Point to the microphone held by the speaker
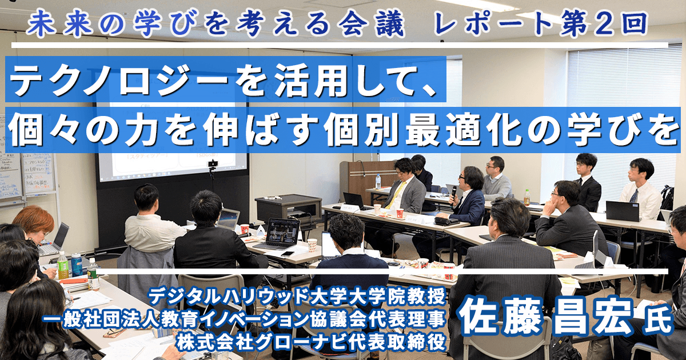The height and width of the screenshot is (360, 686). pos(453,194)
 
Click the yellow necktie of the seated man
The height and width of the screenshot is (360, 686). pos(395,195)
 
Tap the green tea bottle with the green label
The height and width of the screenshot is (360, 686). pos(63,265)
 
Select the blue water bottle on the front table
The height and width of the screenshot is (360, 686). pos(76,264)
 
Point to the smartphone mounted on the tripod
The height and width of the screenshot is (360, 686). pos(212,164)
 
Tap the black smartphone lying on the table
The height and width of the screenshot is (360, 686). pos(288,254)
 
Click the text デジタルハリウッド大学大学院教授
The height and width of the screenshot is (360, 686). pos(297,297)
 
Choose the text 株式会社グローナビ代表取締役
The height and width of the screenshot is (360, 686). pos(310,342)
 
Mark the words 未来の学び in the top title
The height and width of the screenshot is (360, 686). pos(91,23)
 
